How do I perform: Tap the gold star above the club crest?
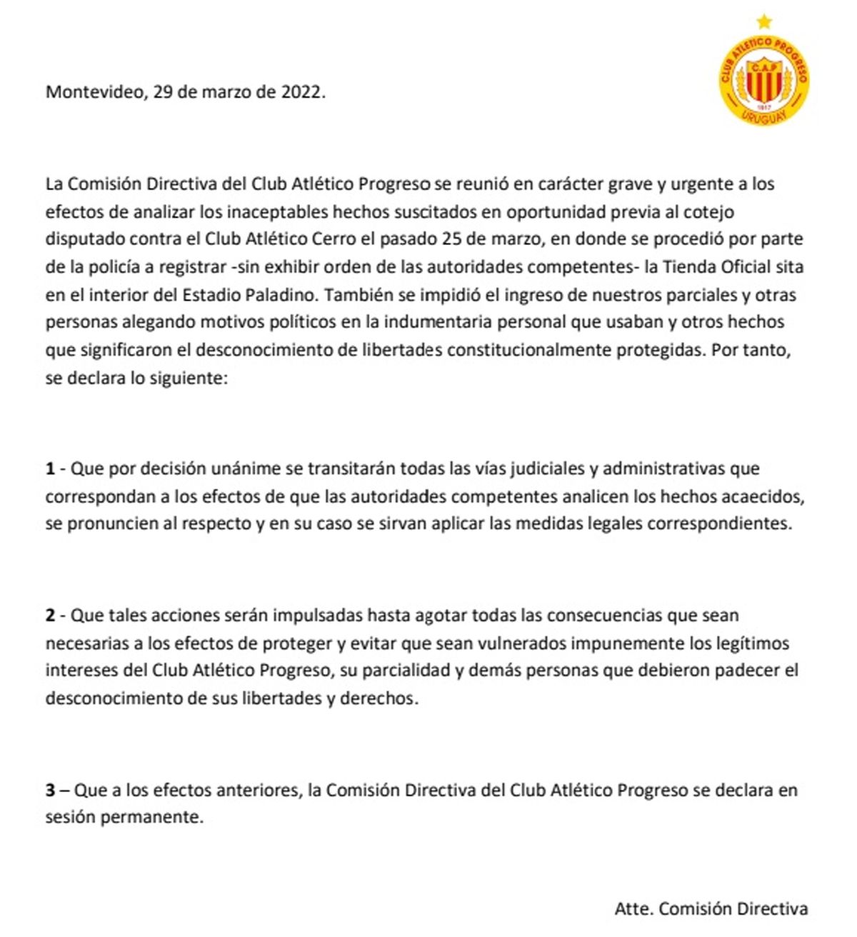tap(764, 20)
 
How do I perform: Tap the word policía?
tap(119, 267)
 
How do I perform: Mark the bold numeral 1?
tap(50, 469)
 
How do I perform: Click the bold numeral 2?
tap(50, 615)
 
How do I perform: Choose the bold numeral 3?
tap(50, 791)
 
